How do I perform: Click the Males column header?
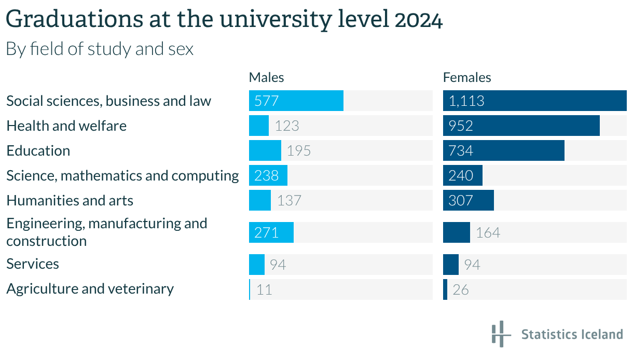266,77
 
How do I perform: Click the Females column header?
467,77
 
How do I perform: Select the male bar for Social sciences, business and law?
296,101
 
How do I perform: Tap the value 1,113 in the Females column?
466,101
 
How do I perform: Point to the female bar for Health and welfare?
521,126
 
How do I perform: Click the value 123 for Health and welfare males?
287,126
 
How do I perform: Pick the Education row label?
38,150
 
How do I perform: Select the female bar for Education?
503,150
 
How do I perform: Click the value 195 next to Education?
298,150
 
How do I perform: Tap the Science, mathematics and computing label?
122,175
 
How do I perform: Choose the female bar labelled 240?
462,175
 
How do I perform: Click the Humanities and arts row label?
70,200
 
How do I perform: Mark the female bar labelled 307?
468,200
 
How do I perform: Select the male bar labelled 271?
271,232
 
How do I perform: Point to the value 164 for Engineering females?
488,232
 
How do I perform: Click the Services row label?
33,264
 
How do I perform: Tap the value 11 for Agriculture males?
264,289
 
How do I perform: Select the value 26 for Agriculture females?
461,289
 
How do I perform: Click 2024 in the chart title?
418,20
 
